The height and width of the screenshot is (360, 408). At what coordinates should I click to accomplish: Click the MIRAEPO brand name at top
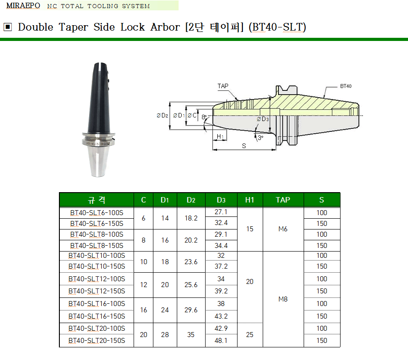pyautogui.click(x=23, y=5)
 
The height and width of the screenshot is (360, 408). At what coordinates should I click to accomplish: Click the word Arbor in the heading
pyautogui.click(x=165, y=27)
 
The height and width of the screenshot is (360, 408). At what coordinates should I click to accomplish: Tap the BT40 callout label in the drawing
pyautogui.click(x=345, y=86)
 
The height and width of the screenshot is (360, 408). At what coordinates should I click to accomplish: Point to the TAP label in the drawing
pyautogui.click(x=223, y=86)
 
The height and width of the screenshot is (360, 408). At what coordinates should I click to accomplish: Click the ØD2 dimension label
pyautogui.click(x=162, y=115)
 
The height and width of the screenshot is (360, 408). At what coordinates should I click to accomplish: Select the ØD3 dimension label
pyautogui.click(x=263, y=119)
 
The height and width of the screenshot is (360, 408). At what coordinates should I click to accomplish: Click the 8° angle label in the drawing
pyautogui.click(x=204, y=117)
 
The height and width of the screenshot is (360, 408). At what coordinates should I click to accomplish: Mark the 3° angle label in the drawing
pyautogui.click(x=260, y=138)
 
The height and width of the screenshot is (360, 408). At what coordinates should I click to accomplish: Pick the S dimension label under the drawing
pyautogui.click(x=244, y=146)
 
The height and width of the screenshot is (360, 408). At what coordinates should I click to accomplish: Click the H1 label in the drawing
pyautogui.click(x=220, y=136)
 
